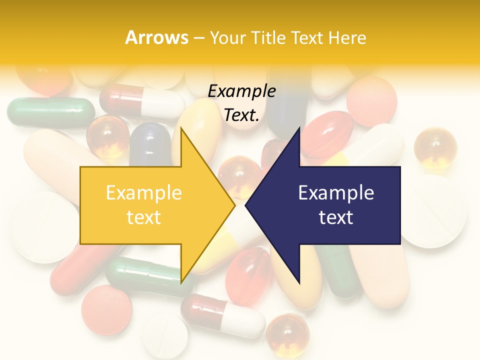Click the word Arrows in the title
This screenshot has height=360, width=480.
click(x=156, y=37)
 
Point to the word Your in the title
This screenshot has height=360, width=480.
click(x=227, y=38)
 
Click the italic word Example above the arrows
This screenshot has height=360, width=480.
click(x=242, y=91)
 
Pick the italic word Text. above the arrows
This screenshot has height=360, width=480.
click(x=242, y=115)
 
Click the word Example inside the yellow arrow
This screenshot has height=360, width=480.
click(x=144, y=193)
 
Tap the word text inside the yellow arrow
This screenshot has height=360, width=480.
click(x=144, y=217)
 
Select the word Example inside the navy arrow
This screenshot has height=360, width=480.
click(x=336, y=193)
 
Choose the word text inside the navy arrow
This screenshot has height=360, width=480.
click(x=336, y=217)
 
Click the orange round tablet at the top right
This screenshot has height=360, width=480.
click(x=371, y=100)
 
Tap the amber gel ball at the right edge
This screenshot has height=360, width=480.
click(x=434, y=147)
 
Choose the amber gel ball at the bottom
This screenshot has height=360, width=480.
click(x=287, y=332)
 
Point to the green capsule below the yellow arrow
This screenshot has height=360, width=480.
click(x=142, y=274)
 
